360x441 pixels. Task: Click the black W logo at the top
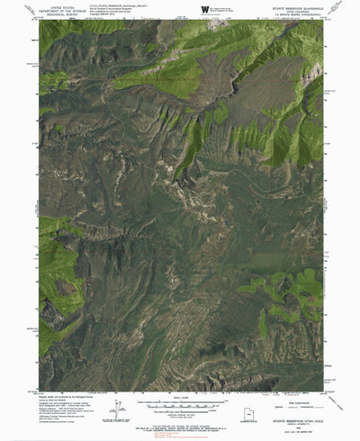[205, 10]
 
